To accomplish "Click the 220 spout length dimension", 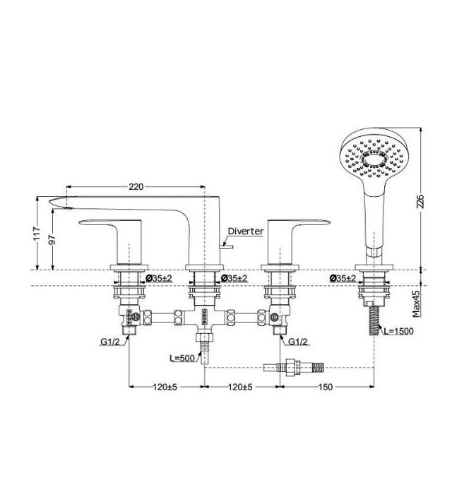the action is (x=136, y=187).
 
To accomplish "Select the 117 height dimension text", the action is (x=37, y=233).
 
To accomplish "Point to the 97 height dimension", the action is (x=52, y=239).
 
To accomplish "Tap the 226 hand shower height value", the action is (x=420, y=201).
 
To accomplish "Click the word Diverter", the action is (x=246, y=231).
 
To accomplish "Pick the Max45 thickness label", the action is (x=417, y=303).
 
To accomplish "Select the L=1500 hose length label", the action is (x=398, y=331).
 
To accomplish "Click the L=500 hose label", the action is (x=182, y=359).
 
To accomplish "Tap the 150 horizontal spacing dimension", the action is (x=326, y=387).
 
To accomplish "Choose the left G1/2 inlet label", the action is (x=110, y=342).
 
